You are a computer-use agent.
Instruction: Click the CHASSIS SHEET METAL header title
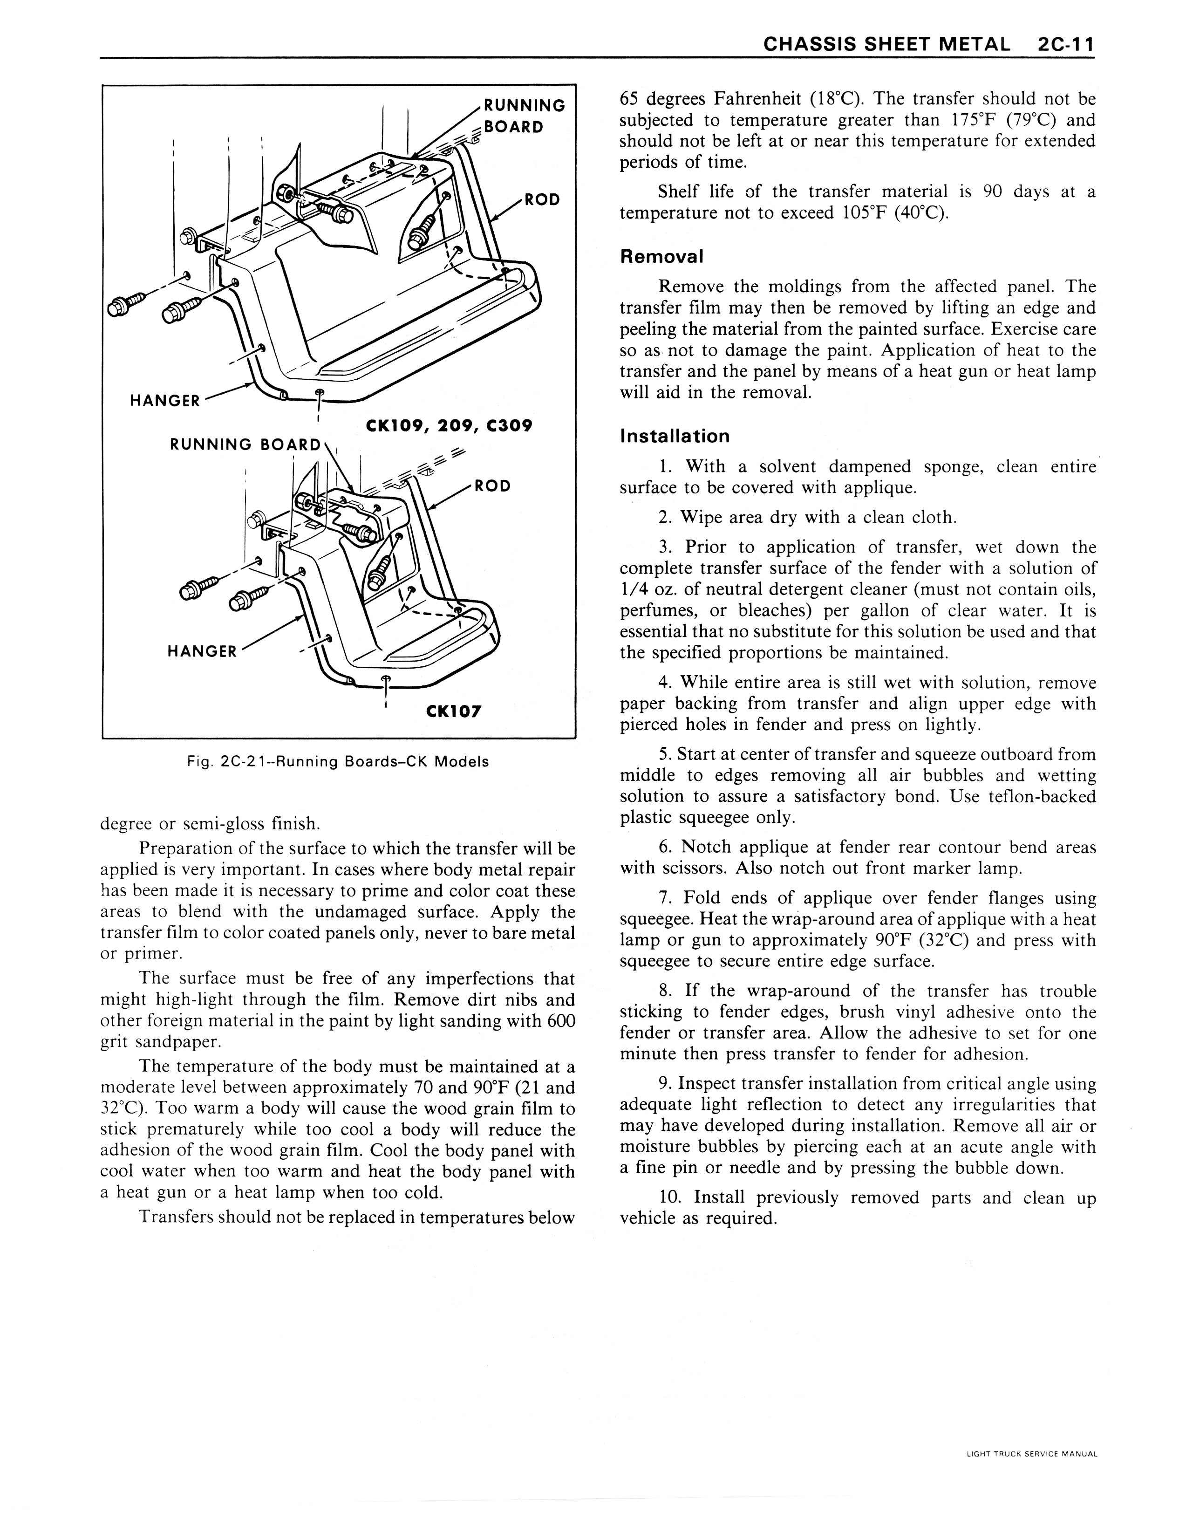point(886,44)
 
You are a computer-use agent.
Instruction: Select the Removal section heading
point(661,256)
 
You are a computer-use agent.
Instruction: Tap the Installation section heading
point(675,436)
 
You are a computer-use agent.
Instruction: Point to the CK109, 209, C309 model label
point(450,426)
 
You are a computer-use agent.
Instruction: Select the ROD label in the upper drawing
point(543,200)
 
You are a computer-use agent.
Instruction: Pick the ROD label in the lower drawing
point(492,486)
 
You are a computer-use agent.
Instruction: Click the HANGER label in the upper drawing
point(165,401)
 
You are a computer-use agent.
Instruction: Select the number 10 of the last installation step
point(668,1197)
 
